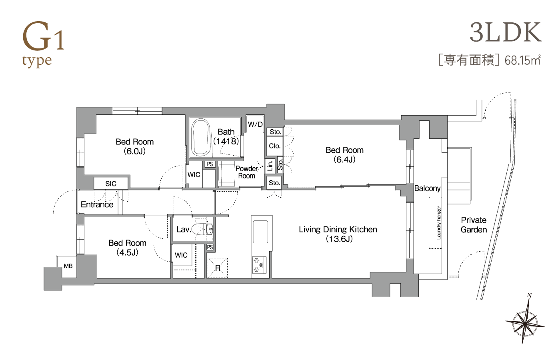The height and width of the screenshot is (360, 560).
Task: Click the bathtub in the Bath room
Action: click(201, 137)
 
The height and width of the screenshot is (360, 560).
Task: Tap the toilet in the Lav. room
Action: click(202, 229)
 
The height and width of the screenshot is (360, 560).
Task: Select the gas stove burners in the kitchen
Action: click(259, 265)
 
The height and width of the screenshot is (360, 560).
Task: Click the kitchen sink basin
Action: click(260, 232)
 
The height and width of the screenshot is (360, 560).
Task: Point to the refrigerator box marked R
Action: click(218, 268)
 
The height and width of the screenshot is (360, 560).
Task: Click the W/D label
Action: click(255, 124)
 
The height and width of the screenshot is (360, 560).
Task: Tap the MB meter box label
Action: click(68, 266)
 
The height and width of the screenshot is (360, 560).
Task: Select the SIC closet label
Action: click(111, 184)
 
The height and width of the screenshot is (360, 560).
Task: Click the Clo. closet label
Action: click(275, 146)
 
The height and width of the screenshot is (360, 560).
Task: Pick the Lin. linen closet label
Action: click(270, 165)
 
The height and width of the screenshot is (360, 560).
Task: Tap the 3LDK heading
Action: click(506, 33)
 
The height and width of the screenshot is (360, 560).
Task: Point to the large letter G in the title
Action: click(36, 36)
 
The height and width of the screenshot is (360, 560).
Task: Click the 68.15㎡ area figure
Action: click(522, 61)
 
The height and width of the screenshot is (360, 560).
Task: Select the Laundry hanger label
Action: click(439, 223)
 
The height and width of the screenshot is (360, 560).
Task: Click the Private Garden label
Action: click(474, 225)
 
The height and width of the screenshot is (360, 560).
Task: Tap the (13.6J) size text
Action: click(339, 239)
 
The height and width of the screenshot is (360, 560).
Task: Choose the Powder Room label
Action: click(246, 172)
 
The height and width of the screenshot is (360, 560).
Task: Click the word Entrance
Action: click(97, 204)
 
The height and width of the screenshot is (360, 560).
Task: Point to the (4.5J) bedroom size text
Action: click(127, 252)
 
